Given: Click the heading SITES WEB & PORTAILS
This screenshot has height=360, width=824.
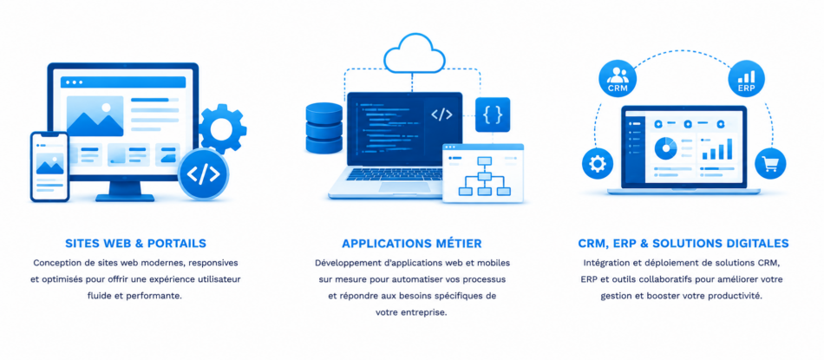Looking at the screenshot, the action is point(135,244).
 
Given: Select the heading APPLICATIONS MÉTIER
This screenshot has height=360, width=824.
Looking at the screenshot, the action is point(411,244).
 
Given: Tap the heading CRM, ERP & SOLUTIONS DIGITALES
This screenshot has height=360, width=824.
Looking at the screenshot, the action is point(683,244).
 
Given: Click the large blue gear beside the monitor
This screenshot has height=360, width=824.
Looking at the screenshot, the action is point(222,128).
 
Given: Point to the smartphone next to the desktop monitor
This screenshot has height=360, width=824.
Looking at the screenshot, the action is point(50,167).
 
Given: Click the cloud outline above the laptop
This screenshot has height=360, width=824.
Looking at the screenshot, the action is point(415,54).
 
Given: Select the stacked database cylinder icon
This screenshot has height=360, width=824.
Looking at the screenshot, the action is point(324,128).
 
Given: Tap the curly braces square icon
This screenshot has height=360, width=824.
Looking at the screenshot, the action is point(493,115).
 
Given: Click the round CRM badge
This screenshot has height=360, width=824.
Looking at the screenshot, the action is point(618,78).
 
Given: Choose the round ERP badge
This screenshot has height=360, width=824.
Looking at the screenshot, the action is point(746,78).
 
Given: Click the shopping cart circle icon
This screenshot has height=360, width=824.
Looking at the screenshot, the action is point(770,163).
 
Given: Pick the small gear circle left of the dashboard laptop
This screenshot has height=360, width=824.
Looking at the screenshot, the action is point(598,164).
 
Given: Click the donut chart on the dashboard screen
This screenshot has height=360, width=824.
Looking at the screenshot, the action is point(666,148).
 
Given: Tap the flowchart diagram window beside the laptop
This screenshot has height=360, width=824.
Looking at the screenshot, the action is point(483,173).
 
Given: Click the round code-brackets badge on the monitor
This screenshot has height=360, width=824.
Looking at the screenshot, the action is point(203,174).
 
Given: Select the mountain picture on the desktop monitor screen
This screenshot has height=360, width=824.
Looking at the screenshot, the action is point(95,116).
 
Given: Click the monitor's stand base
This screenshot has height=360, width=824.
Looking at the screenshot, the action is point(125,198).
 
